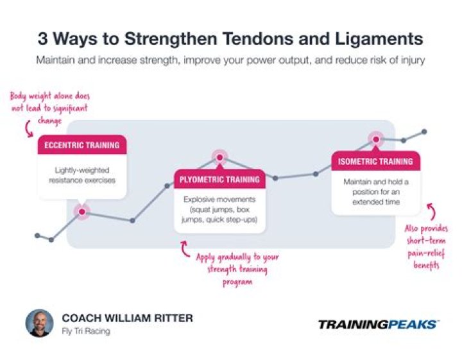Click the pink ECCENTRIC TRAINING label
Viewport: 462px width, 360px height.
point(81,145)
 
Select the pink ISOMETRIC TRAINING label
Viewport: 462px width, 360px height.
point(375,162)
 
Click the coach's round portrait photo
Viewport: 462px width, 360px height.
point(40,323)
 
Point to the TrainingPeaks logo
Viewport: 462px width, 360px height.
point(379,324)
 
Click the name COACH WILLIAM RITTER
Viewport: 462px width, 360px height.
point(127,318)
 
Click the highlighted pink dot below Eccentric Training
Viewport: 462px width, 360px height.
point(81,210)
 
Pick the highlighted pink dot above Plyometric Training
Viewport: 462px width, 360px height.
point(219,157)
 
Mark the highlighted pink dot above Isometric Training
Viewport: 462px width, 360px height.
point(375,138)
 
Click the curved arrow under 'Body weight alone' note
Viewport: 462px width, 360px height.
point(29,130)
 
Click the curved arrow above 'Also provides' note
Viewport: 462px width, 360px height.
point(431,212)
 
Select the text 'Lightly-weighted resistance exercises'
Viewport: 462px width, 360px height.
point(81,175)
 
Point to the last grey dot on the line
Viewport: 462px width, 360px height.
point(424,132)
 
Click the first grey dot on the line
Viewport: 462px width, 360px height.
point(37,236)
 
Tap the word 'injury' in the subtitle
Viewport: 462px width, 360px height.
point(410,60)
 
